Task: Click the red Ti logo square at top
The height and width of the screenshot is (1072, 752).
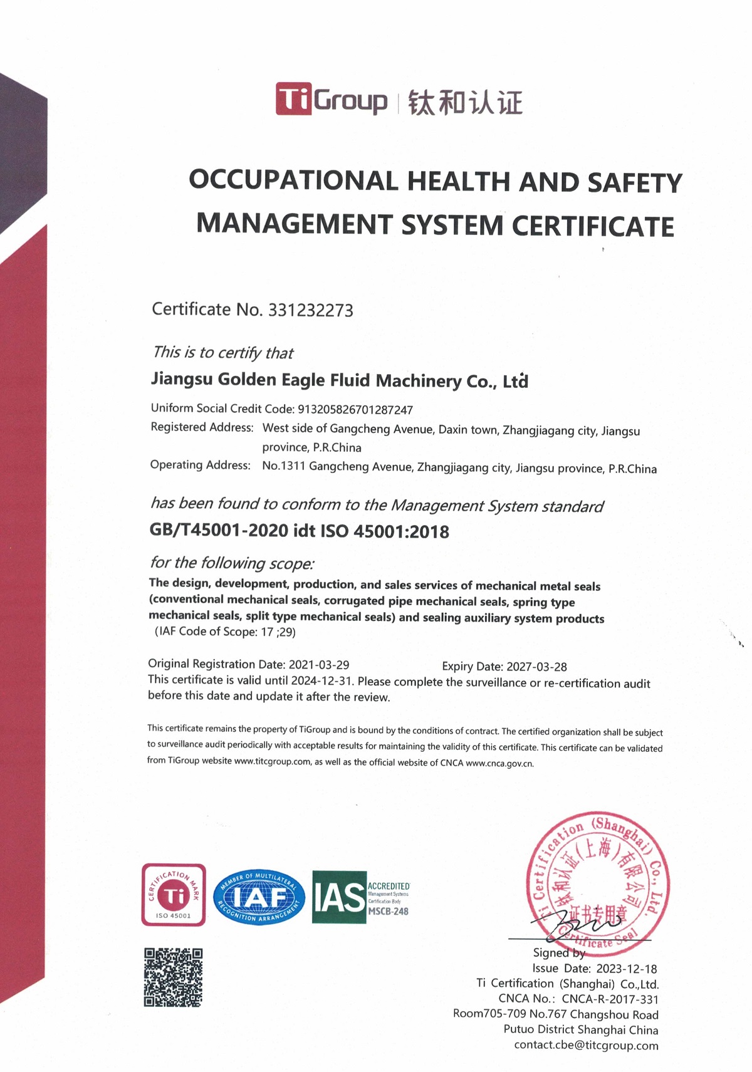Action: [x=293, y=99]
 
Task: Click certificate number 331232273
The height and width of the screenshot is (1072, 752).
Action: [x=310, y=310]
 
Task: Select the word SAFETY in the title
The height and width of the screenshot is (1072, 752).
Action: [x=634, y=183]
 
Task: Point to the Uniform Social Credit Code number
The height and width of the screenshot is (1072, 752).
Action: [x=355, y=410]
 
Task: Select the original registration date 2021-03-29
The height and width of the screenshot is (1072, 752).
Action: [x=318, y=665]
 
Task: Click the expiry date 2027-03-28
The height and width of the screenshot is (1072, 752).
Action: [x=536, y=667]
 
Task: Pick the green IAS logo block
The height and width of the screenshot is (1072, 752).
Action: [x=339, y=897]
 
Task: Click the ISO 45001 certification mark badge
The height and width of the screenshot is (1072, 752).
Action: [x=174, y=895]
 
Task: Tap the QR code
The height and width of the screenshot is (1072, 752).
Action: [x=173, y=977]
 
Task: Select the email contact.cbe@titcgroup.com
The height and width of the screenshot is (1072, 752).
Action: [x=586, y=1045]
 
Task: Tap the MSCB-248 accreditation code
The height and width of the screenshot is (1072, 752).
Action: [x=388, y=912]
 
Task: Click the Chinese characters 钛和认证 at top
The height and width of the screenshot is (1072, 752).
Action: [x=465, y=102]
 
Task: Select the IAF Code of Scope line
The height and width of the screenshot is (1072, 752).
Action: [x=226, y=632]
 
